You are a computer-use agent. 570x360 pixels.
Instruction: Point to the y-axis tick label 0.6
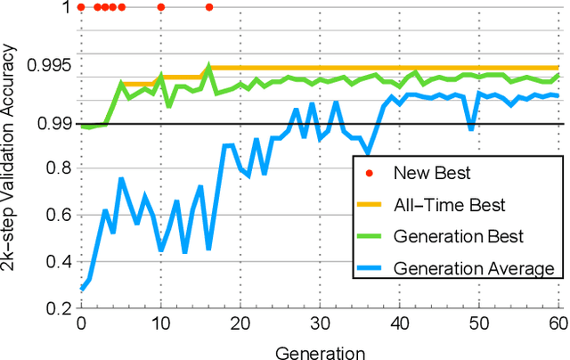pos(59,214)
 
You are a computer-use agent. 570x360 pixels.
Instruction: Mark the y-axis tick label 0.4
pos(59,261)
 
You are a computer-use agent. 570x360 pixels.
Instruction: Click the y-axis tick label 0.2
pos(59,308)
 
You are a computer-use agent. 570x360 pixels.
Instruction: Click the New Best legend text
pos(432,172)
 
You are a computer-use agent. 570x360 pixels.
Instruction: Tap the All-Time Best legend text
pos(450,204)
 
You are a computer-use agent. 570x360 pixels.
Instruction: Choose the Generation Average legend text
pos(473,268)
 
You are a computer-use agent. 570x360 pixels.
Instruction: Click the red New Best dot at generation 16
pos(209,7)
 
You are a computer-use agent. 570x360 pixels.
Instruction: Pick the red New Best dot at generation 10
pos(161,7)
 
